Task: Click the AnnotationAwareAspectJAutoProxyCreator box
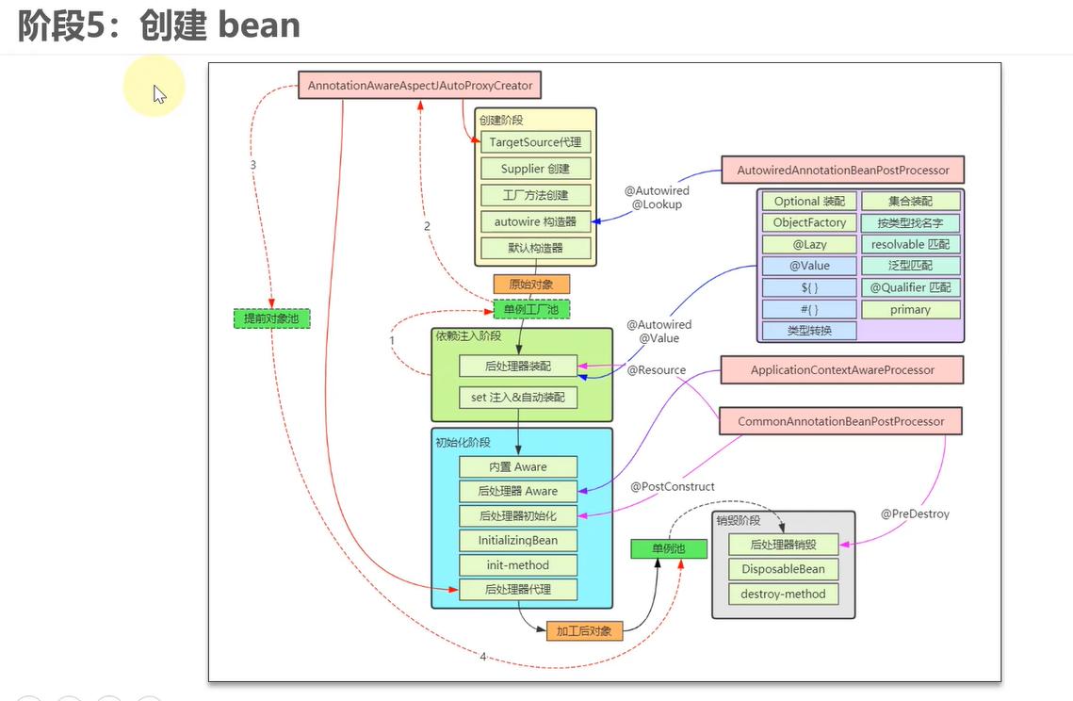(x=420, y=86)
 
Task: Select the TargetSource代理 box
(x=535, y=142)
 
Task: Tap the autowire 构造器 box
(x=535, y=222)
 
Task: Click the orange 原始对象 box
(x=531, y=284)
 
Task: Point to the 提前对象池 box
(x=271, y=318)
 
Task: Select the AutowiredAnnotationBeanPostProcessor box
(x=843, y=171)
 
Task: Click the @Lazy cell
(x=809, y=245)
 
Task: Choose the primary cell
(x=910, y=310)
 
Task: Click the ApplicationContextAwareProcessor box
(x=842, y=370)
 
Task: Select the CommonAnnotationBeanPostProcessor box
(x=840, y=421)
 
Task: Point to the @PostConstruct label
(x=673, y=487)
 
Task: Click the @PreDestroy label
(x=915, y=514)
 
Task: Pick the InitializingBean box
(x=517, y=541)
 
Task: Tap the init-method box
(x=517, y=565)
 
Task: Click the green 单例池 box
(x=668, y=548)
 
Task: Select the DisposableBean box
(x=783, y=569)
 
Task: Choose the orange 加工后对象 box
(x=584, y=631)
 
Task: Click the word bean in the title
(x=259, y=25)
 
